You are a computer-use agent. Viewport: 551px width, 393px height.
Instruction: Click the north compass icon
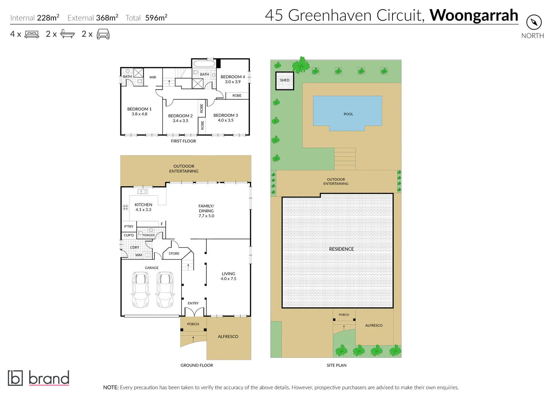click(x=534, y=22)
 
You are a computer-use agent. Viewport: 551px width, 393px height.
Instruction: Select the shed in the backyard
click(x=284, y=80)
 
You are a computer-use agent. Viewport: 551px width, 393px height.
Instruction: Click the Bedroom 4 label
click(x=233, y=77)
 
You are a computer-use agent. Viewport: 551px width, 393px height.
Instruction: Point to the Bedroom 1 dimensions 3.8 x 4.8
click(x=139, y=114)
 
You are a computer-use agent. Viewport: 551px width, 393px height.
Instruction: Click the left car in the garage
click(x=140, y=290)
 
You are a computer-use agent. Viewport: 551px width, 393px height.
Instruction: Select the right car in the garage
click(x=165, y=290)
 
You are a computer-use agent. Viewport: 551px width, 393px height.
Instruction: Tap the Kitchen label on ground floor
click(x=143, y=205)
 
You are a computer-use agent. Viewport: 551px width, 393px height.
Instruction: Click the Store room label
click(x=174, y=254)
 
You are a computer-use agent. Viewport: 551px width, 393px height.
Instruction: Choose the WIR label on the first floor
click(x=153, y=77)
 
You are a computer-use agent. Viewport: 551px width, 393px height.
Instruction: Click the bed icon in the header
click(x=32, y=35)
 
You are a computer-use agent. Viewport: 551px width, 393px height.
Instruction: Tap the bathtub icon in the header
click(x=67, y=34)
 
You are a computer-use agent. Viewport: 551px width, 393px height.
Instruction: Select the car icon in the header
click(x=103, y=34)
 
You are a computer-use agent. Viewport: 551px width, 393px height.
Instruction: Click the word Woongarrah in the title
click(x=474, y=15)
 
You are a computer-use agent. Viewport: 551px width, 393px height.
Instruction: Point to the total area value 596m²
click(x=156, y=18)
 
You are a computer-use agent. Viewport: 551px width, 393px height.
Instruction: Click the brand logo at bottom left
click(x=39, y=378)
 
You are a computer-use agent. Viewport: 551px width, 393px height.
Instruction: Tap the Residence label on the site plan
click(x=341, y=249)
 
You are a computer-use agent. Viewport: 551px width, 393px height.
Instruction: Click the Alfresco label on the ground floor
click(x=228, y=337)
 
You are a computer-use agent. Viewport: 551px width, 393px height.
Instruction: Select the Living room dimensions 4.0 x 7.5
click(x=228, y=279)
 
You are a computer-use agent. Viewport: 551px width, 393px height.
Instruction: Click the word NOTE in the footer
click(x=111, y=388)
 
